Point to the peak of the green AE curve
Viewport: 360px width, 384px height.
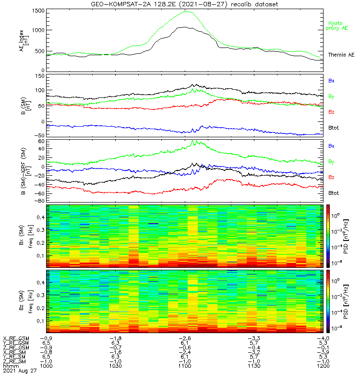186,12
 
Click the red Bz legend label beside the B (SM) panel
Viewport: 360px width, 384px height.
331,112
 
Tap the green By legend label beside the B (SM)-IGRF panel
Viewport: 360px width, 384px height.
331,161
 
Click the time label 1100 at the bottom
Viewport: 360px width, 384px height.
185,366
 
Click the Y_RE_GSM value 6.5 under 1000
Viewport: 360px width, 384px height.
46,343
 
